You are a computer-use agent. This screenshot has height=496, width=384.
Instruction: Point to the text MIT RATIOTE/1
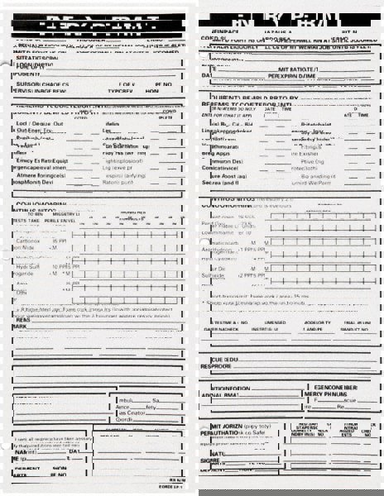click(299, 68)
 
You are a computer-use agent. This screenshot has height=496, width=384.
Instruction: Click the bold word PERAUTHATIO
click(223, 432)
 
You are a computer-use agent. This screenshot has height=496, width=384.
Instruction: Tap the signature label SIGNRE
click(214, 462)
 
